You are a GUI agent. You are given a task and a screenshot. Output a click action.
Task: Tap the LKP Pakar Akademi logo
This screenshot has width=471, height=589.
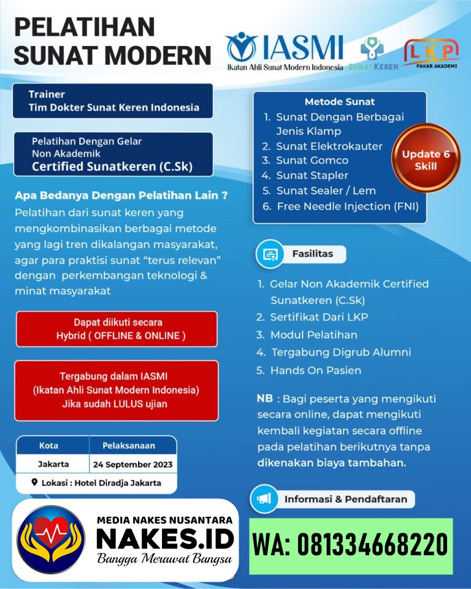tap(431, 53)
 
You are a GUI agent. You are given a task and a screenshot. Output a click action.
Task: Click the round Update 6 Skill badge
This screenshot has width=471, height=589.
tap(426, 160)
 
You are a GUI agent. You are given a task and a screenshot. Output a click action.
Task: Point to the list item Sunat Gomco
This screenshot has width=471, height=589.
tap(312, 161)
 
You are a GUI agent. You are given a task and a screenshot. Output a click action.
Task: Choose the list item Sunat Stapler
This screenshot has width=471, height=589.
tap(312, 176)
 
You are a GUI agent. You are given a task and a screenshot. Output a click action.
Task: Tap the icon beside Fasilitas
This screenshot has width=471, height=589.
tap(270, 255)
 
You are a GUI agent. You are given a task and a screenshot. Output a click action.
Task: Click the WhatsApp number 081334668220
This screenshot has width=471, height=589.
tap(350, 544)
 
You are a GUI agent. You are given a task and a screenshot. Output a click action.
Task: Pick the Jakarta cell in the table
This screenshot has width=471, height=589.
tap(53, 464)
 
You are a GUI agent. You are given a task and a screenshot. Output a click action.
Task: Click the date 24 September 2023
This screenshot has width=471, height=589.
tap(132, 464)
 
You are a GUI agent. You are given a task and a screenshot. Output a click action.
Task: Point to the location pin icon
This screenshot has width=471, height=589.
tap(34, 483)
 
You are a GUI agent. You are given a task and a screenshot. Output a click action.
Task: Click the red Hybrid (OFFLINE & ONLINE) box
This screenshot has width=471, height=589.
tap(117, 329)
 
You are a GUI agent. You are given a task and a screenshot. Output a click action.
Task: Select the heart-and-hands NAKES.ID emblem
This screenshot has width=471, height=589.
tap(52, 539)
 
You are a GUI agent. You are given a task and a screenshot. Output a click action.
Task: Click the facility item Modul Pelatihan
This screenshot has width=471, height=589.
tap(313, 335)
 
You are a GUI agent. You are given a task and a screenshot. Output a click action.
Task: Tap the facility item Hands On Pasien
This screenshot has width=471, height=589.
tap(315, 370)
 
